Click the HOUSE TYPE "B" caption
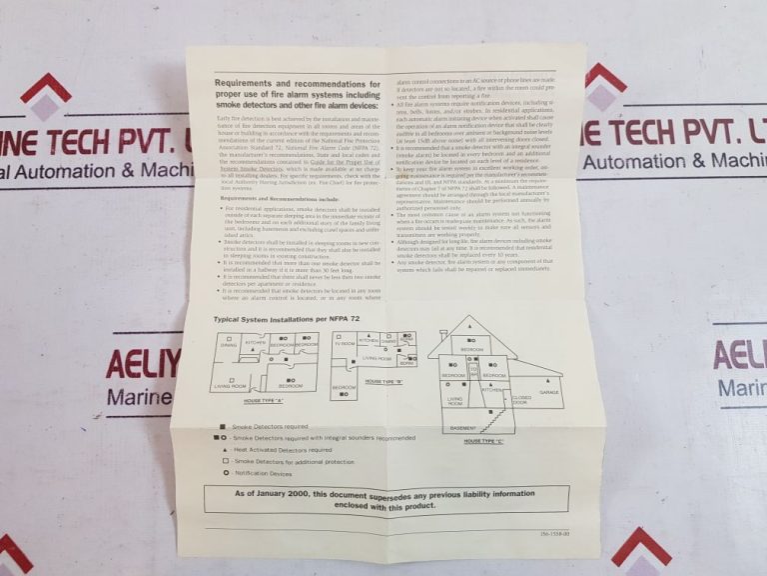pyautogui.click(x=384, y=382)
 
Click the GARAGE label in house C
pyautogui.click(x=548, y=392)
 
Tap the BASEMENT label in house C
pyautogui.click(x=462, y=428)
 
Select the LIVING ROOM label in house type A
pyautogui.click(x=231, y=385)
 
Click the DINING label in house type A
pyautogui.click(x=229, y=344)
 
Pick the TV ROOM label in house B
pyautogui.click(x=346, y=343)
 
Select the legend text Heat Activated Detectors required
pyautogui.click(x=284, y=450)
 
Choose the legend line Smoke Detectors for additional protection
pyautogui.click(x=294, y=462)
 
